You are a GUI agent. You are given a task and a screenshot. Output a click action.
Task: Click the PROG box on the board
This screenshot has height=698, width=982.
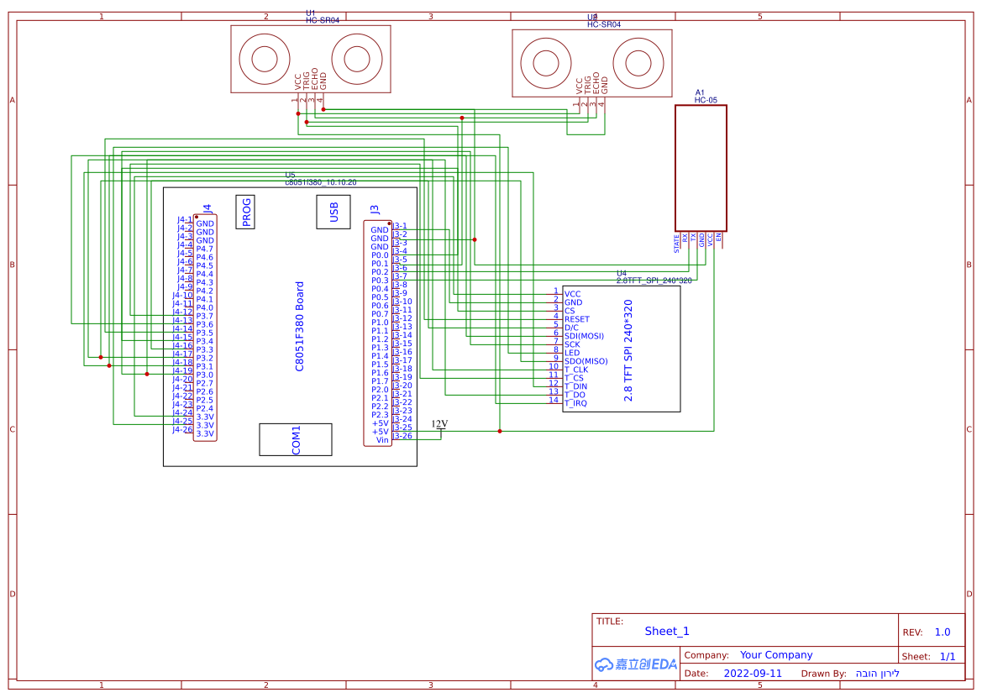[246, 212]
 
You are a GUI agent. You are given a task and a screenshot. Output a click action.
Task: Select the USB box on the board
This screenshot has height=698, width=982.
[333, 212]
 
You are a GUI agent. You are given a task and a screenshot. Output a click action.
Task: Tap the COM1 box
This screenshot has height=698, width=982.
[296, 439]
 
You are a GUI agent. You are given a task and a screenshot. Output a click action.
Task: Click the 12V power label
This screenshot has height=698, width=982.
[439, 424]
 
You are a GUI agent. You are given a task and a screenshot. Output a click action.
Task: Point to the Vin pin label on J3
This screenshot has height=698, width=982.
[382, 440]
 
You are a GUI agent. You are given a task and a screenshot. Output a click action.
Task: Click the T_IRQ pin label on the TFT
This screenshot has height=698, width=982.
[575, 403]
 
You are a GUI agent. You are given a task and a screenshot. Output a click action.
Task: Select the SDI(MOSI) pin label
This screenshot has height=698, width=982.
[584, 336]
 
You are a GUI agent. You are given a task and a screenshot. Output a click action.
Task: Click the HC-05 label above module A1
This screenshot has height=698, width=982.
[705, 100]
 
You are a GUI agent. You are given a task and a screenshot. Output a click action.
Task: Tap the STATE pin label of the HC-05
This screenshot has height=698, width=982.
[677, 244]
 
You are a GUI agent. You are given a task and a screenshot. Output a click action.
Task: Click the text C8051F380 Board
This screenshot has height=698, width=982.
[300, 326]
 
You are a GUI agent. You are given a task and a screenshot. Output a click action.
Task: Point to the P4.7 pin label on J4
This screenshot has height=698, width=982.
[204, 249]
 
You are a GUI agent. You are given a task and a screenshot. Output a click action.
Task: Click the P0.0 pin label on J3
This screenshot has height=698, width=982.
[380, 255]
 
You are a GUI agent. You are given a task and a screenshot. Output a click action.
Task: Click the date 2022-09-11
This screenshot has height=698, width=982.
[753, 674]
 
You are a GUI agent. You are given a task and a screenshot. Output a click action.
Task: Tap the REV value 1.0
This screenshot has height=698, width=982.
[943, 632]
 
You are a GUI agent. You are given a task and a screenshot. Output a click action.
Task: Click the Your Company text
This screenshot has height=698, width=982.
[776, 655]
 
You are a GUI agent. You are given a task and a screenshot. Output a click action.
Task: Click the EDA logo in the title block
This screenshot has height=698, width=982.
[636, 664]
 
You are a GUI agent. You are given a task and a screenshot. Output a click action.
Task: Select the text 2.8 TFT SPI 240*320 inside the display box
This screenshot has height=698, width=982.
[628, 350]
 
